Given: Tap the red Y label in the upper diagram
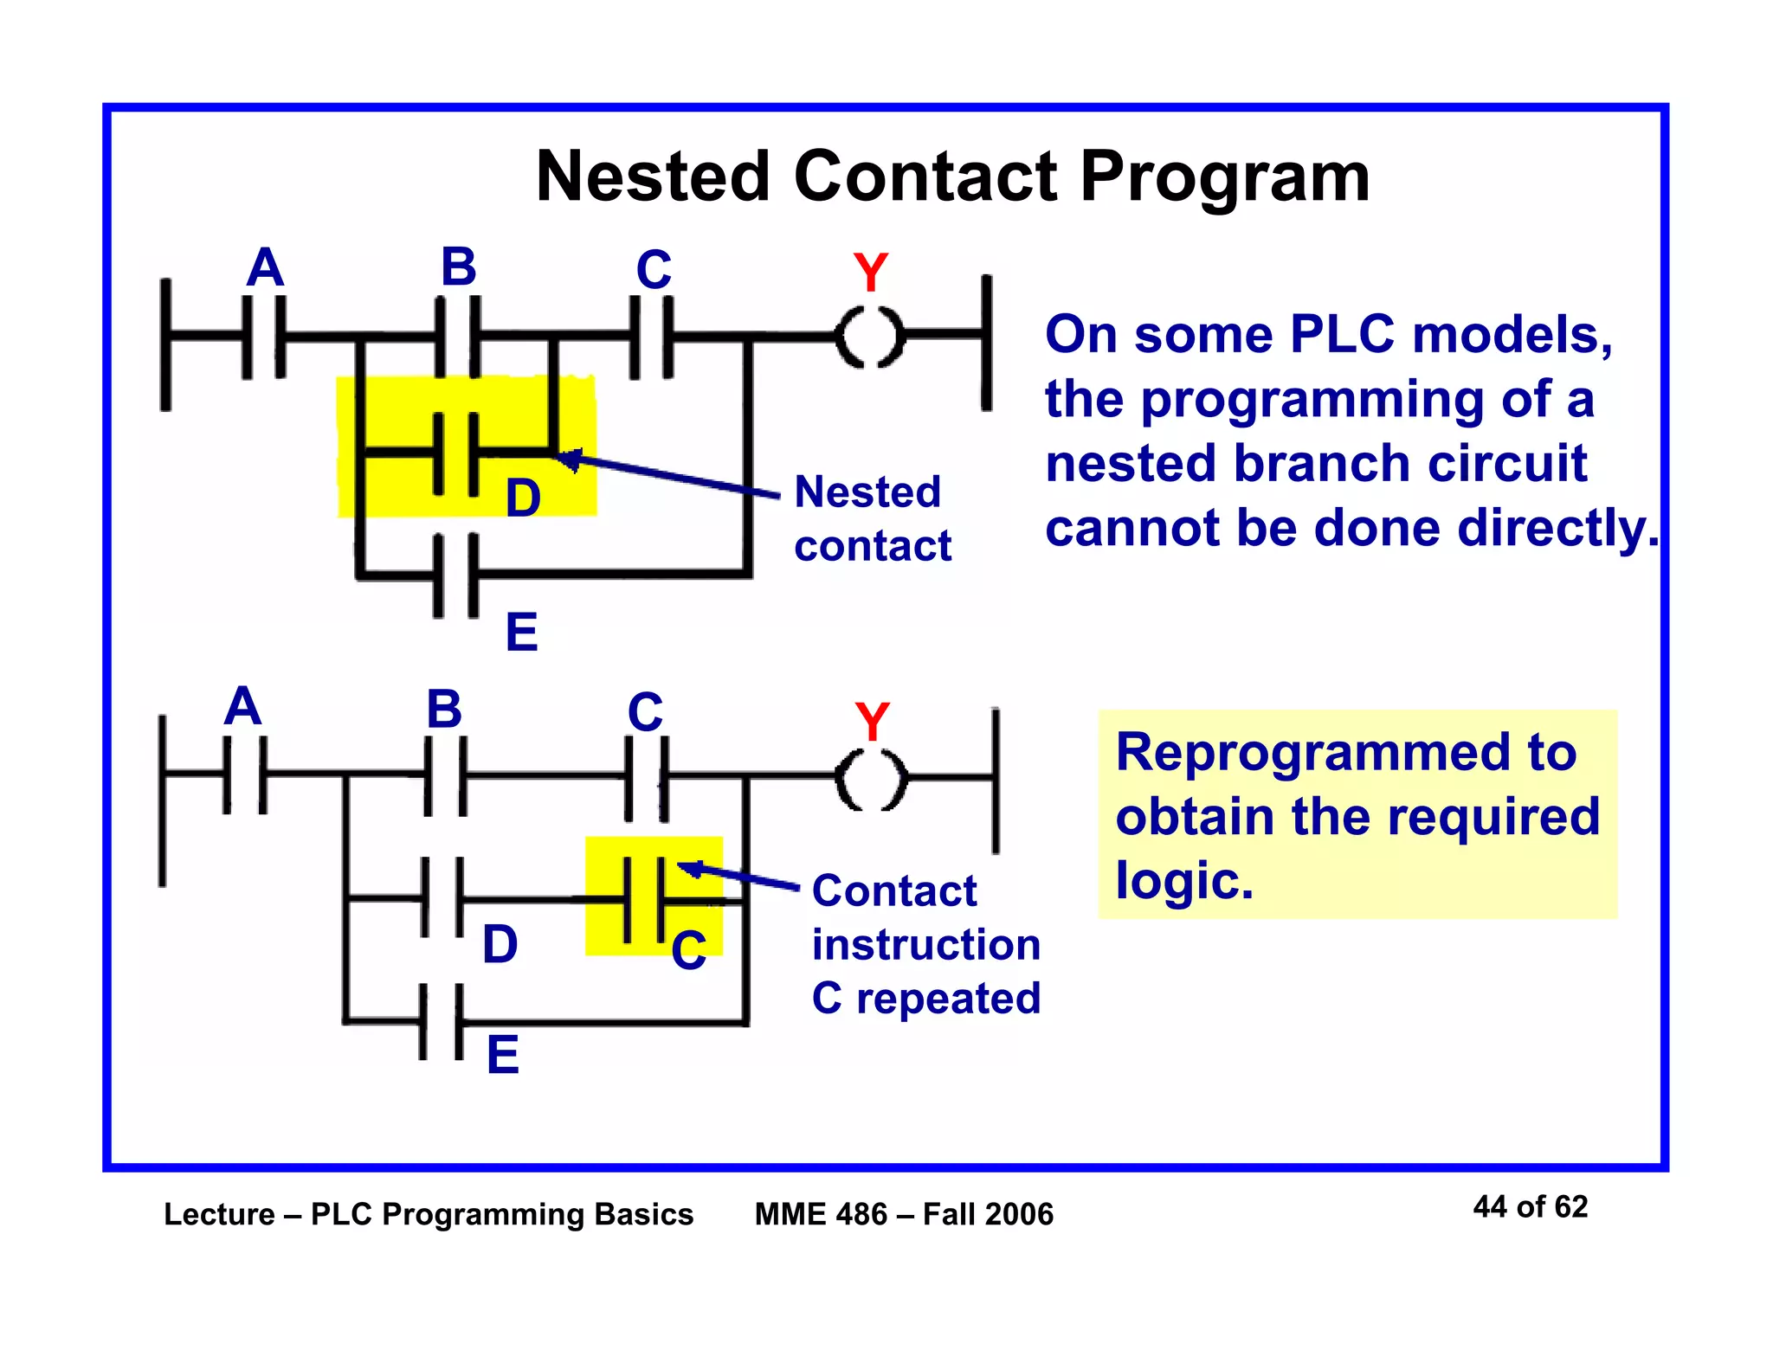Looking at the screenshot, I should (x=870, y=273).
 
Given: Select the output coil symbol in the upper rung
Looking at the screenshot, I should (x=870, y=336).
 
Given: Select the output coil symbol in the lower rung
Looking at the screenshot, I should (x=872, y=779).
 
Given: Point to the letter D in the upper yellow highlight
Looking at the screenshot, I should (x=523, y=498).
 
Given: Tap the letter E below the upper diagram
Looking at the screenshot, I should (x=522, y=633).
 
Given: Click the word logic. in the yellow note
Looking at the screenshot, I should (x=1183, y=880).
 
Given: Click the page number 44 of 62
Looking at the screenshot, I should (x=1530, y=1207).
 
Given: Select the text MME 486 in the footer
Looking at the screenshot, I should (x=821, y=1214).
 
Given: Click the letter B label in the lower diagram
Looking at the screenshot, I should (x=444, y=710).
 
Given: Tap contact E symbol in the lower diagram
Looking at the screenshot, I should (x=442, y=1022).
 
